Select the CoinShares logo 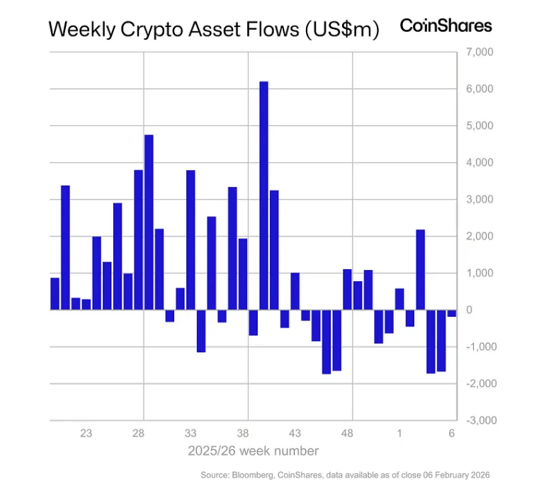point(446,26)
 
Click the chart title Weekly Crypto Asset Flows point(213,29)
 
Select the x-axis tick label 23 point(86,433)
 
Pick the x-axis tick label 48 point(347,433)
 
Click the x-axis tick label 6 point(451,433)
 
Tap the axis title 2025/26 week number point(253,451)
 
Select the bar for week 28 point(139,240)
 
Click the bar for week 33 point(191,240)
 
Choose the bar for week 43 point(295,291)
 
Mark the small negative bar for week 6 point(451,313)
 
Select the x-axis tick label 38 point(243,433)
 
